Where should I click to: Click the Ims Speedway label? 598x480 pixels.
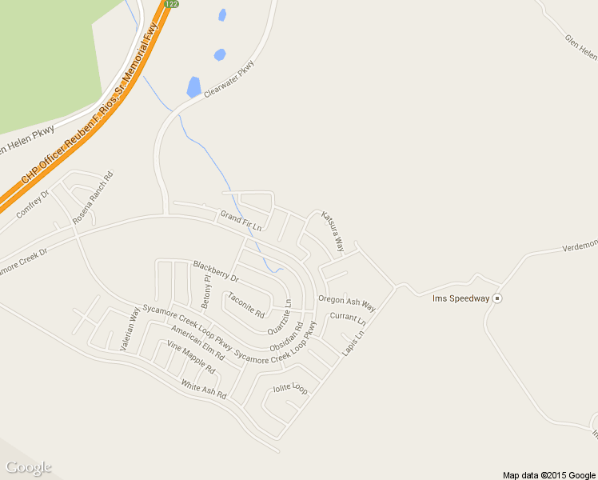tap(460, 298)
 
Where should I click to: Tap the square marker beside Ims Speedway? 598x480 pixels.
tap(497, 298)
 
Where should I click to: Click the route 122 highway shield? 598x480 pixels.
tap(170, 4)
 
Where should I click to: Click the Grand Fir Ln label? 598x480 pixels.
tap(241, 222)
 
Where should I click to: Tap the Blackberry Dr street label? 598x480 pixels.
tap(216, 271)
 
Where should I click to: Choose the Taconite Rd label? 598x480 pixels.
tap(246, 305)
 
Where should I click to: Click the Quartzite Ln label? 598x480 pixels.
tap(281, 317)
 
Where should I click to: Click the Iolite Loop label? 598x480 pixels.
tap(290, 389)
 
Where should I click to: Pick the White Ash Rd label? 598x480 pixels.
tap(204, 390)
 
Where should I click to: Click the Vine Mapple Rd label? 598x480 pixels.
tap(191, 358)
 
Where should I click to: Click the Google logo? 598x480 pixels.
tap(28, 467)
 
